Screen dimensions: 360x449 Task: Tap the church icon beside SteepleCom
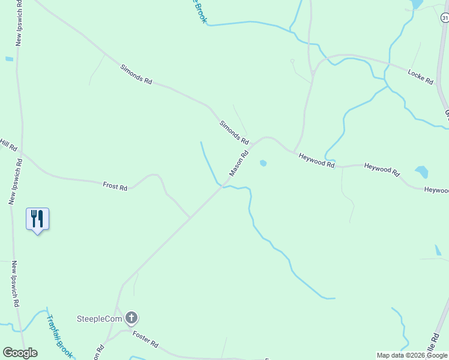click(x=131, y=318)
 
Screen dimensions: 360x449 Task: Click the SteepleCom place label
click(x=98, y=318)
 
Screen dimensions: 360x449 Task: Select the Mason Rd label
click(x=238, y=164)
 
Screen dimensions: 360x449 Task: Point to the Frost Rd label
click(x=115, y=187)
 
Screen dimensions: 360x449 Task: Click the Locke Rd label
click(x=420, y=76)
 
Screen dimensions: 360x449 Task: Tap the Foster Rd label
click(x=145, y=340)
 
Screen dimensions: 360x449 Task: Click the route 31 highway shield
click(x=444, y=19)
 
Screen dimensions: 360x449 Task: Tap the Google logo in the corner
click(x=20, y=353)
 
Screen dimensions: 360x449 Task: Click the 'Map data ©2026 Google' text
click(x=412, y=355)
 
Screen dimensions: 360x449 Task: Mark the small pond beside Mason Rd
click(x=262, y=163)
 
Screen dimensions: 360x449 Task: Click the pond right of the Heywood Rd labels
click(x=421, y=172)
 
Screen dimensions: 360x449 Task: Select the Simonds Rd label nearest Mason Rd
click(x=234, y=132)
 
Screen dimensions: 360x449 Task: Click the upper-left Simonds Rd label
click(x=135, y=74)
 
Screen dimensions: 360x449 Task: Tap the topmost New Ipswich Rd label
click(x=19, y=23)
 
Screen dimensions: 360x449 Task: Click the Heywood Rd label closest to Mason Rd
click(x=316, y=160)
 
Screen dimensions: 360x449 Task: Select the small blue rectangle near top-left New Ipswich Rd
click(x=9, y=59)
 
